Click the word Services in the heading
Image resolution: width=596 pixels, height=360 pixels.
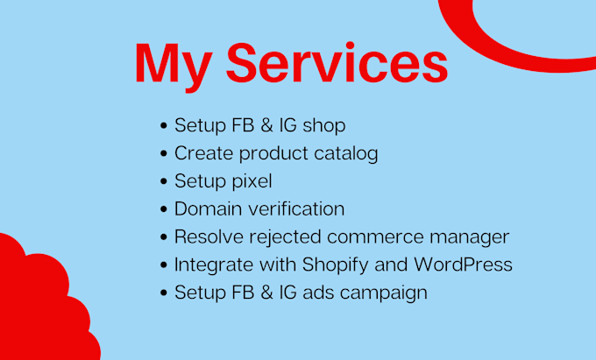[x=337, y=63]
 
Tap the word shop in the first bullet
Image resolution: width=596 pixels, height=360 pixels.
[x=323, y=126]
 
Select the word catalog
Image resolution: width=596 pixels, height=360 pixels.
[x=346, y=153]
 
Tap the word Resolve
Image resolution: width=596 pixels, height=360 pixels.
[x=209, y=236]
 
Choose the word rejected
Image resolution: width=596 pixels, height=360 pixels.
[x=285, y=237]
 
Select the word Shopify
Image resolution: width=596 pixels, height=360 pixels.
[x=335, y=265]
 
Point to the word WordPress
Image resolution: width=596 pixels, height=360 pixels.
[x=463, y=265]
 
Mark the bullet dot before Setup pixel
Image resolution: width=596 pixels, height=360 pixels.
[x=164, y=181]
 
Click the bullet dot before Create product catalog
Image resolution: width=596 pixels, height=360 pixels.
[x=164, y=153]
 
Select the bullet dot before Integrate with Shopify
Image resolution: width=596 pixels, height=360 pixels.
[x=164, y=265]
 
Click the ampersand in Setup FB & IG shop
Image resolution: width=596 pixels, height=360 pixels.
[x=266, y=125]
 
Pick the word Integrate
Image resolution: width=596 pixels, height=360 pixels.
[x=214, y=265]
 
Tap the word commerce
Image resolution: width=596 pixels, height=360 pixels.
[x=375, y=237]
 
